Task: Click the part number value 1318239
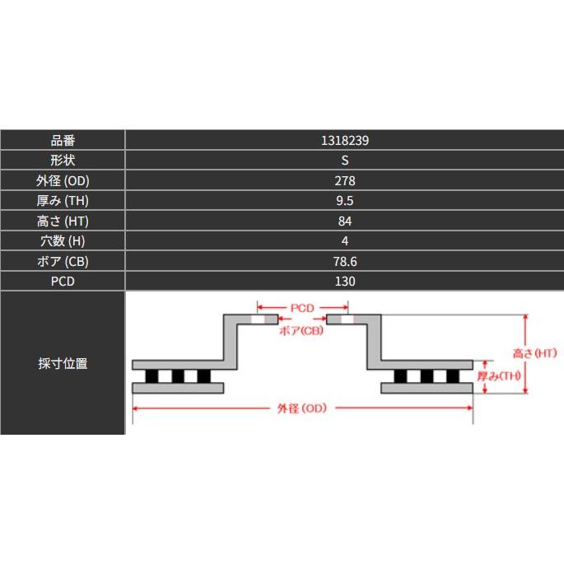(345, 140)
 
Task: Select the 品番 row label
(63, 140)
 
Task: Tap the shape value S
(345, 161)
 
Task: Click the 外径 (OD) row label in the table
(63, 180)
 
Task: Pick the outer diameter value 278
(345, 180)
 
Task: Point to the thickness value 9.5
(345, 201)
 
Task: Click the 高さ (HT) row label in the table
(63, 221)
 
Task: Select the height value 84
(345, 221)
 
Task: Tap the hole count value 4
(345, 241)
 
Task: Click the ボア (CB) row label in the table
(63, 261)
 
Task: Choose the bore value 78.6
(345, 261)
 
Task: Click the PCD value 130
(345, 282)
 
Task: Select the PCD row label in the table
(63, 282)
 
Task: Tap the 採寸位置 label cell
(63, 363)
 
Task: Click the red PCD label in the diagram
(302, 308)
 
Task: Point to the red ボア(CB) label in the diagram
(301, 330)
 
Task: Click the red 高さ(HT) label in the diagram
(535, 353)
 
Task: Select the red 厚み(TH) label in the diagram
(499, 376)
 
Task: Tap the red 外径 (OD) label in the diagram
(302, 408)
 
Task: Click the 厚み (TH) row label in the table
(63, 201)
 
